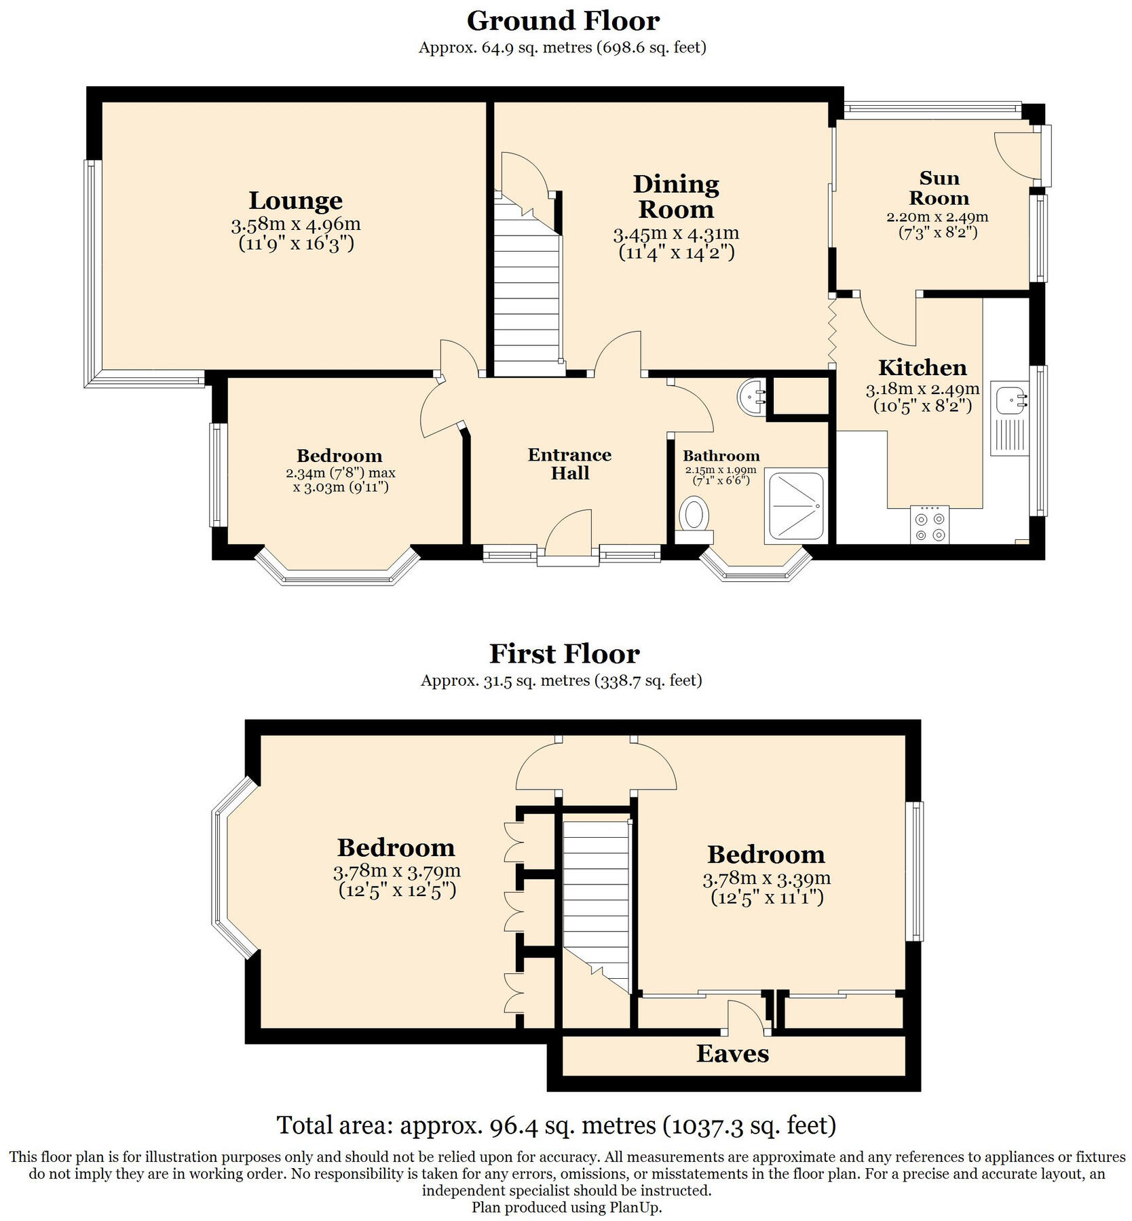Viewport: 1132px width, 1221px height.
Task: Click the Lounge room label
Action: pos(295,201)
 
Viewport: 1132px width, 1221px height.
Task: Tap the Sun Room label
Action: pos(939,188)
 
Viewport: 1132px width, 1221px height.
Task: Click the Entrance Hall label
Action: pos(569,464)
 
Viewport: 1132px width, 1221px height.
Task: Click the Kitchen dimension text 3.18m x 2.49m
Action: pos(922,389)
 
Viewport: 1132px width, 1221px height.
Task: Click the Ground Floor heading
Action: pos(563,21)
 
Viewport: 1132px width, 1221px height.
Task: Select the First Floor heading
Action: pos(564,654)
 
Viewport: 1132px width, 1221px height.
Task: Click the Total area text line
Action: pos(556,1125)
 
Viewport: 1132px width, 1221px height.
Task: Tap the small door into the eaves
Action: pos(747,1018)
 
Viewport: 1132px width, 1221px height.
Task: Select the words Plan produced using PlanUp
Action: pos(566,1207)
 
